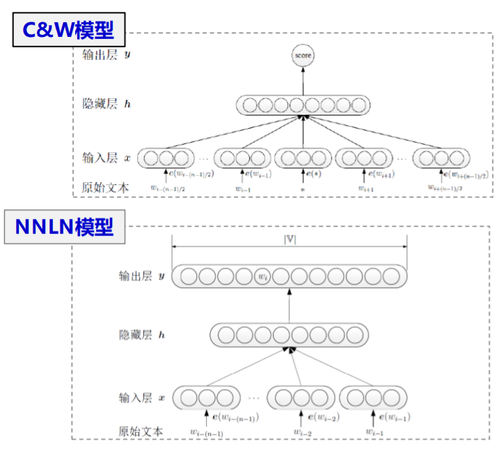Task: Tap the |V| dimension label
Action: point(289,240)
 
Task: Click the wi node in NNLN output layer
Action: point(262,277)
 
